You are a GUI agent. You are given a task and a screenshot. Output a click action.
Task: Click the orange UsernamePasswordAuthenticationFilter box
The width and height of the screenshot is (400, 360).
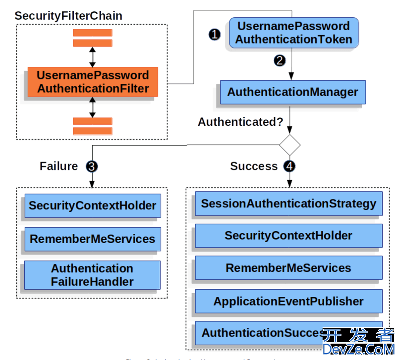[93, 82]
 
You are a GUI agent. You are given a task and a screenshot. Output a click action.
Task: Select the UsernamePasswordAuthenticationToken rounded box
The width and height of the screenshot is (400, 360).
[293, 33]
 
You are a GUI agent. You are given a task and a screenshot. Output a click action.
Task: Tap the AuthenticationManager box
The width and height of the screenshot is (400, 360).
[292, 92]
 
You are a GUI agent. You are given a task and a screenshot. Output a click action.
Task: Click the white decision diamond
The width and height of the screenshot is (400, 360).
[290, 145]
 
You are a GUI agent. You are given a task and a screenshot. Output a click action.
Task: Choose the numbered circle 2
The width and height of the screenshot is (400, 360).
[280, 60]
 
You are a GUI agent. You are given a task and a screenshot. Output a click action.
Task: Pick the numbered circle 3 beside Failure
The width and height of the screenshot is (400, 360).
[91, 166]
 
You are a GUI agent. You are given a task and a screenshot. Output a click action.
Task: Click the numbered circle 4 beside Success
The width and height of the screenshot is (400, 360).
[289, 166]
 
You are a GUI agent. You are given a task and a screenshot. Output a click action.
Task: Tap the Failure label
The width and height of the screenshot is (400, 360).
[59, 166]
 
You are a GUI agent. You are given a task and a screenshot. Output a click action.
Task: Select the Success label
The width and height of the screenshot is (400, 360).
[254, 166]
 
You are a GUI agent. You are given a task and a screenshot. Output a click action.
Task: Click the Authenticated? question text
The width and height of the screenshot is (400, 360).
[240, 122]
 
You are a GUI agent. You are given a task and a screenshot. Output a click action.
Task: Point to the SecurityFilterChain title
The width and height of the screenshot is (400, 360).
[68, 15]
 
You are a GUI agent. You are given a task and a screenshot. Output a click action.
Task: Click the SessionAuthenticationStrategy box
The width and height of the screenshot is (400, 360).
[288, 204]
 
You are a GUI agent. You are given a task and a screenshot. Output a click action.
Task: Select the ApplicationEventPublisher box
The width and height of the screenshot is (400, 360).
[288, 301]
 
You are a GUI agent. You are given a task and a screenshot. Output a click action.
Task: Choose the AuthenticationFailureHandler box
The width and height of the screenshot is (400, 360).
[92, 275]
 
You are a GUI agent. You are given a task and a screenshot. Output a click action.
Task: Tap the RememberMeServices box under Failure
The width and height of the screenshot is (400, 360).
[92, 239]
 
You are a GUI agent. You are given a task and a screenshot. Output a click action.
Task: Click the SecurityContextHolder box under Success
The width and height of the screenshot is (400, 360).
[288, 236]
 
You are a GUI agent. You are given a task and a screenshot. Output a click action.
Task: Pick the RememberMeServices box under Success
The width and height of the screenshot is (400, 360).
[288, 268]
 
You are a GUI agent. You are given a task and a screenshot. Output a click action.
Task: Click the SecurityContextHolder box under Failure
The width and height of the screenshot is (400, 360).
[92, 206]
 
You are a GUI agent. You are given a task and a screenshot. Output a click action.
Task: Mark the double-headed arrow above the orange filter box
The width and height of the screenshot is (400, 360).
[92, 57]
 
